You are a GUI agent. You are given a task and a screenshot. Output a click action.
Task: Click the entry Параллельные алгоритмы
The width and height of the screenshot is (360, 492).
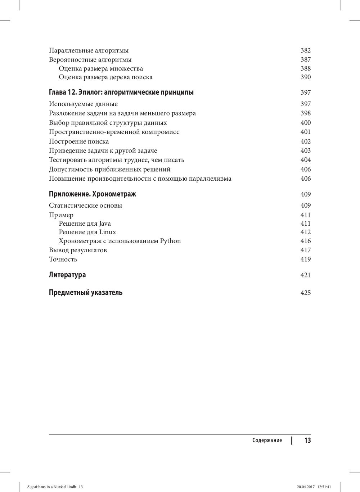click(89, 50)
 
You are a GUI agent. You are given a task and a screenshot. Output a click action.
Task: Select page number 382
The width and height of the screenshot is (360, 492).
click(305, 50)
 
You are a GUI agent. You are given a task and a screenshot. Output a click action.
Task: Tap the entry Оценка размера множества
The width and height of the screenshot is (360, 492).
click(101, 68)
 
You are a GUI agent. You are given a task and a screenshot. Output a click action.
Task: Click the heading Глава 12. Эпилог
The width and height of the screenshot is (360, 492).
click(121, 92)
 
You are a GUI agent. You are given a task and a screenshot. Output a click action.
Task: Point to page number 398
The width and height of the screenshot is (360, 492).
click(305, 113)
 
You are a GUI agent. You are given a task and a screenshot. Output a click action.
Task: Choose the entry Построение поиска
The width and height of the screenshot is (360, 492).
click(79, 141)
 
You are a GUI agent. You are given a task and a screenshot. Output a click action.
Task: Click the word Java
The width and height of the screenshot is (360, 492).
click(105, 224)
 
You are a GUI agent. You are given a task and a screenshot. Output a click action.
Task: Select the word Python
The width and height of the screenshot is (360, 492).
click(170, 241)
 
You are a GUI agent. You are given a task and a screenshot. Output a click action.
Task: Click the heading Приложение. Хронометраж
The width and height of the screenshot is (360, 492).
click(92, 194)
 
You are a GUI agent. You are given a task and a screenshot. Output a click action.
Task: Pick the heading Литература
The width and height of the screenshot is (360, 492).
click(67, 275)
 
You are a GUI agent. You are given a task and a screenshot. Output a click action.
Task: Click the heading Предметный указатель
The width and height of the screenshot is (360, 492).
click(86, 293)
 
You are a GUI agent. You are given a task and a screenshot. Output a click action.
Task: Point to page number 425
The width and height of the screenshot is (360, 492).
click(305, 293)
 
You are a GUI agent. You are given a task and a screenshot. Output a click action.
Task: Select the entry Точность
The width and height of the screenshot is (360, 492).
click(63, 259)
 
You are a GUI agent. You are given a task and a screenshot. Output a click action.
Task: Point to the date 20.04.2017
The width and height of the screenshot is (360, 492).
click(306, 487)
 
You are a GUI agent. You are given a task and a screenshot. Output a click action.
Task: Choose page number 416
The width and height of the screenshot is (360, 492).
click(305, 241)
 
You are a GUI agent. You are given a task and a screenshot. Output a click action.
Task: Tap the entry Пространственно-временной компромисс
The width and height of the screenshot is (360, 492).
click(114, 132)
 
